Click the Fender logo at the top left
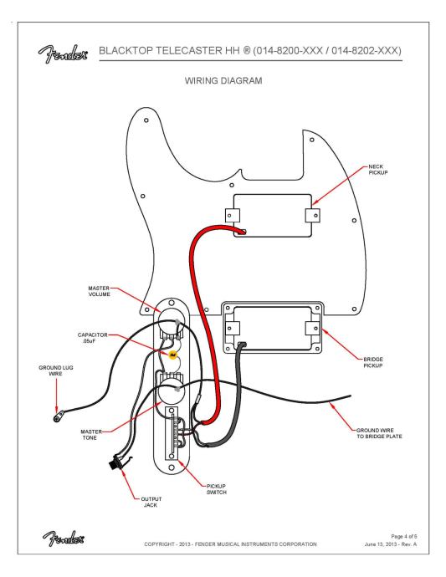[64, 54]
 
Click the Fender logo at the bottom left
[64, 539]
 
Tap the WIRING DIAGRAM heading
[223, 80]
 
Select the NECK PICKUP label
[378, 169]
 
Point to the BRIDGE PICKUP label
[373, 362]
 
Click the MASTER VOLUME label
[99, 291]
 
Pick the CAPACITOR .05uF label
[92, 338]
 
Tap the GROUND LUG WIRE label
[56, 370]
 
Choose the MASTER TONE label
[91, 435]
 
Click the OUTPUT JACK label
[151, 502]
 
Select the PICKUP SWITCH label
[216, 489]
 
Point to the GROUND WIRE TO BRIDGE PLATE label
[379, 433]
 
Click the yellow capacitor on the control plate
[172, 355]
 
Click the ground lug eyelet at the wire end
[58, 418]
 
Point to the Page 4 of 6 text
[403, 536]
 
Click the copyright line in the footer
[230, 544]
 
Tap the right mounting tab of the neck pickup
[312, 216]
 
